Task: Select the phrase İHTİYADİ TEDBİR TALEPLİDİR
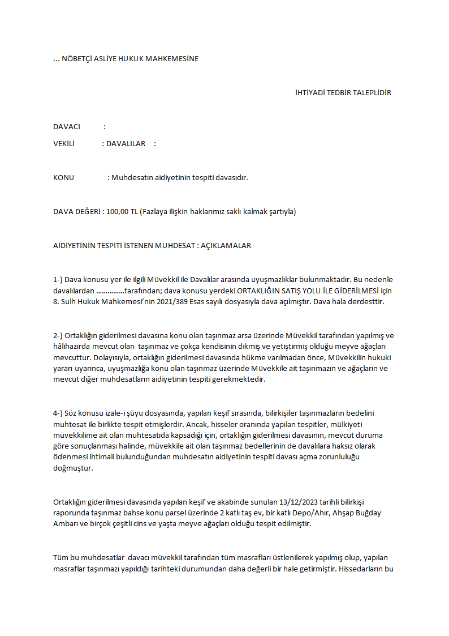coord(343,92)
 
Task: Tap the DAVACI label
coord(67,126)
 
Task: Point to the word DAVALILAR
coord(126,143)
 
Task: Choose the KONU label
coord(63,177)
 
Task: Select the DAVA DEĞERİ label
coord(77,211)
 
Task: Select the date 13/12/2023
coord(299,502)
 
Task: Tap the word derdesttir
coord(365,301)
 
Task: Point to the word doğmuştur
coord(72,468)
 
